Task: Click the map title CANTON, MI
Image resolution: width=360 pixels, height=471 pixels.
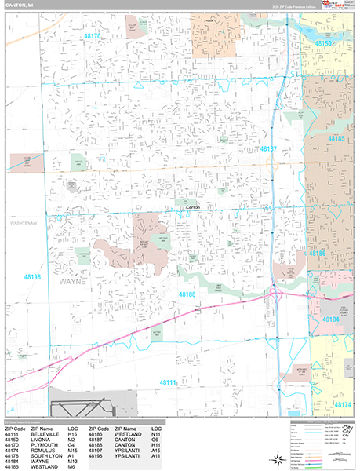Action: [x=24, y=6]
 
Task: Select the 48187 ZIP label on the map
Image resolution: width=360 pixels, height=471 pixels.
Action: [x=269, y=148]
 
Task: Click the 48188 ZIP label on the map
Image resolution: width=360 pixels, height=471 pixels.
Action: [x=187, y=294]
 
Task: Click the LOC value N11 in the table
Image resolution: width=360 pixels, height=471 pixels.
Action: [x=157, y=433]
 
